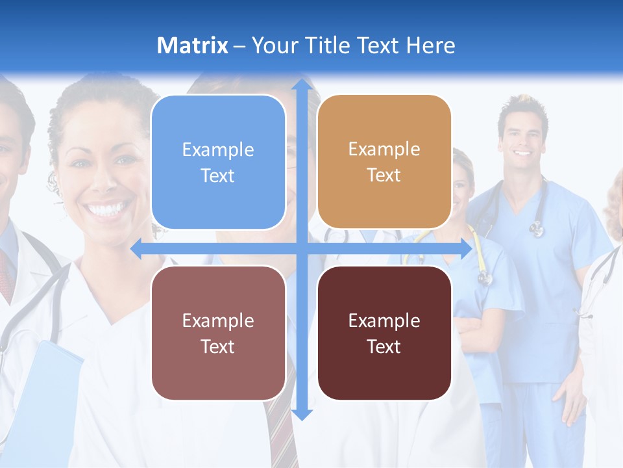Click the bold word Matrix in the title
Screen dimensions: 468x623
[x=192, y=45]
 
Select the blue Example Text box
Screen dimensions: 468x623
[x=218, y=162]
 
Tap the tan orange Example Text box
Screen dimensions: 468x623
[x=384, y=162]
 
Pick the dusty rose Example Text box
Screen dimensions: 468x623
[x=218, y=333]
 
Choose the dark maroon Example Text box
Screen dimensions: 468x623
[x=384, y=333]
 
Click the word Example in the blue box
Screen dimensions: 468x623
[x=218, y=149]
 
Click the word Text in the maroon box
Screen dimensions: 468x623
[x=384, y=346]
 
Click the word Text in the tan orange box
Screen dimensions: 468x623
[x=384, y=175]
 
